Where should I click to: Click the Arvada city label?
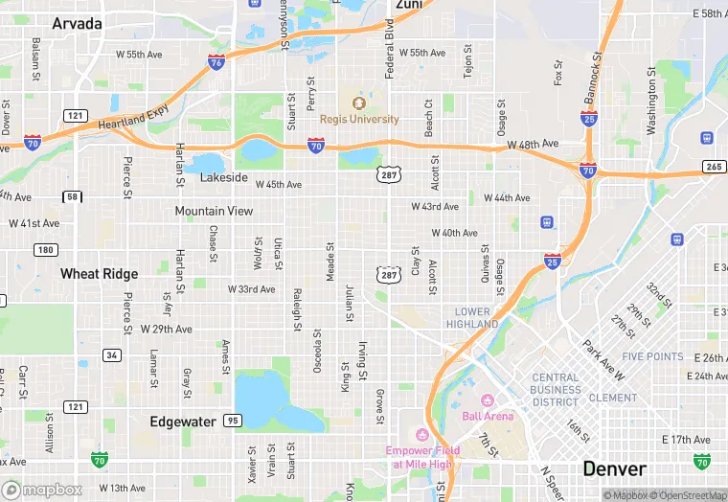pyautogui.click(x=77, y=23)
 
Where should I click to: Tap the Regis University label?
pyautogui.click(x=359, y=119)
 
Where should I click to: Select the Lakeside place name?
pyautogui.click(x=223, y=178)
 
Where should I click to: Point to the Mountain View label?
pyautogui.click(x=214, y=211)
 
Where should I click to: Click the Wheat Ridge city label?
pyautogui.click(x=99, y=274)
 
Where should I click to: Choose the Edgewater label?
pyautogui.click(x=183, y=422)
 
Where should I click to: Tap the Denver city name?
pyautogui.click(x=614, y=469)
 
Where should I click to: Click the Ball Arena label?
pyautogui.click(x=488, y=416)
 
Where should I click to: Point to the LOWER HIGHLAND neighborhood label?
pyautogui.click(x=473, y=318)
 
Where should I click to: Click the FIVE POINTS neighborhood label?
pyautogui.click(x=652, y=356)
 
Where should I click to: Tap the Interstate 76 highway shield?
pyautogui.click(x=216, y=62)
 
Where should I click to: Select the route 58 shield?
pyautogui.click(x=73, y=196)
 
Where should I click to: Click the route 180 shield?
pyautogui.click(x=45, y=250)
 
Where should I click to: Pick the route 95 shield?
pyautogui.click(x=233, y=421)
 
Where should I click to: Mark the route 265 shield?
pyautogui.click(x=714, y=167)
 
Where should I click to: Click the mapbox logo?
pyautogui.click(x=44, y=490)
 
